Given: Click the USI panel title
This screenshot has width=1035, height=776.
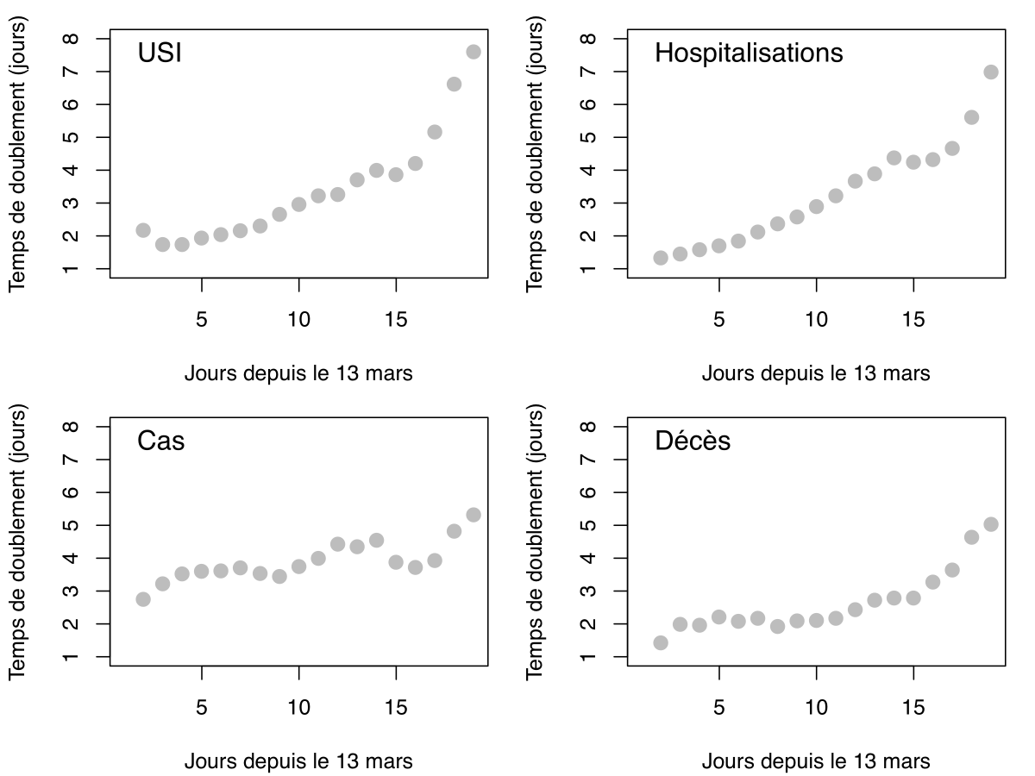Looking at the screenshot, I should tap(160, 53).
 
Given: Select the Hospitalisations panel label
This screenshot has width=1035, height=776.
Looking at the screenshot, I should tap(749, 53).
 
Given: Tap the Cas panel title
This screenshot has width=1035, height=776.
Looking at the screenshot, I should tap(161, 441).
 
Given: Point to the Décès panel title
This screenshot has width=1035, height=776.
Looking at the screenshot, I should tap(693, 441).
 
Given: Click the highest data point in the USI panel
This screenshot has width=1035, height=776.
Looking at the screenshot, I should tap(474, 52).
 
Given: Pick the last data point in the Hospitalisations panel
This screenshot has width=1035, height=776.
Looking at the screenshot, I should tap(991, 72).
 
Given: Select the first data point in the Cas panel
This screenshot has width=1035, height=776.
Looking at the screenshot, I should tap(143, 599).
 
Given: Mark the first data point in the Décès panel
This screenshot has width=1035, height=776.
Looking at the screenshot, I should tap(661, 642).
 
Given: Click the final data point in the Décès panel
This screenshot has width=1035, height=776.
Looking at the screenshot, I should tap(991, 524).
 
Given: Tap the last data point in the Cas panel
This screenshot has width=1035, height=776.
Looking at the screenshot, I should tap(474, 515).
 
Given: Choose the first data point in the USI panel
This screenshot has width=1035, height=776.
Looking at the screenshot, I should tap(143, 230).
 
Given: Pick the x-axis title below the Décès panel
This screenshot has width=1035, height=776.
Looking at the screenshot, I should tap(816, 761).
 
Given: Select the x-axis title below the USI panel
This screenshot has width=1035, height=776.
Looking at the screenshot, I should tap(298, 373).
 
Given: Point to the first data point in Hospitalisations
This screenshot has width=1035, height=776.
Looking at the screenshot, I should tap(661, 258).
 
